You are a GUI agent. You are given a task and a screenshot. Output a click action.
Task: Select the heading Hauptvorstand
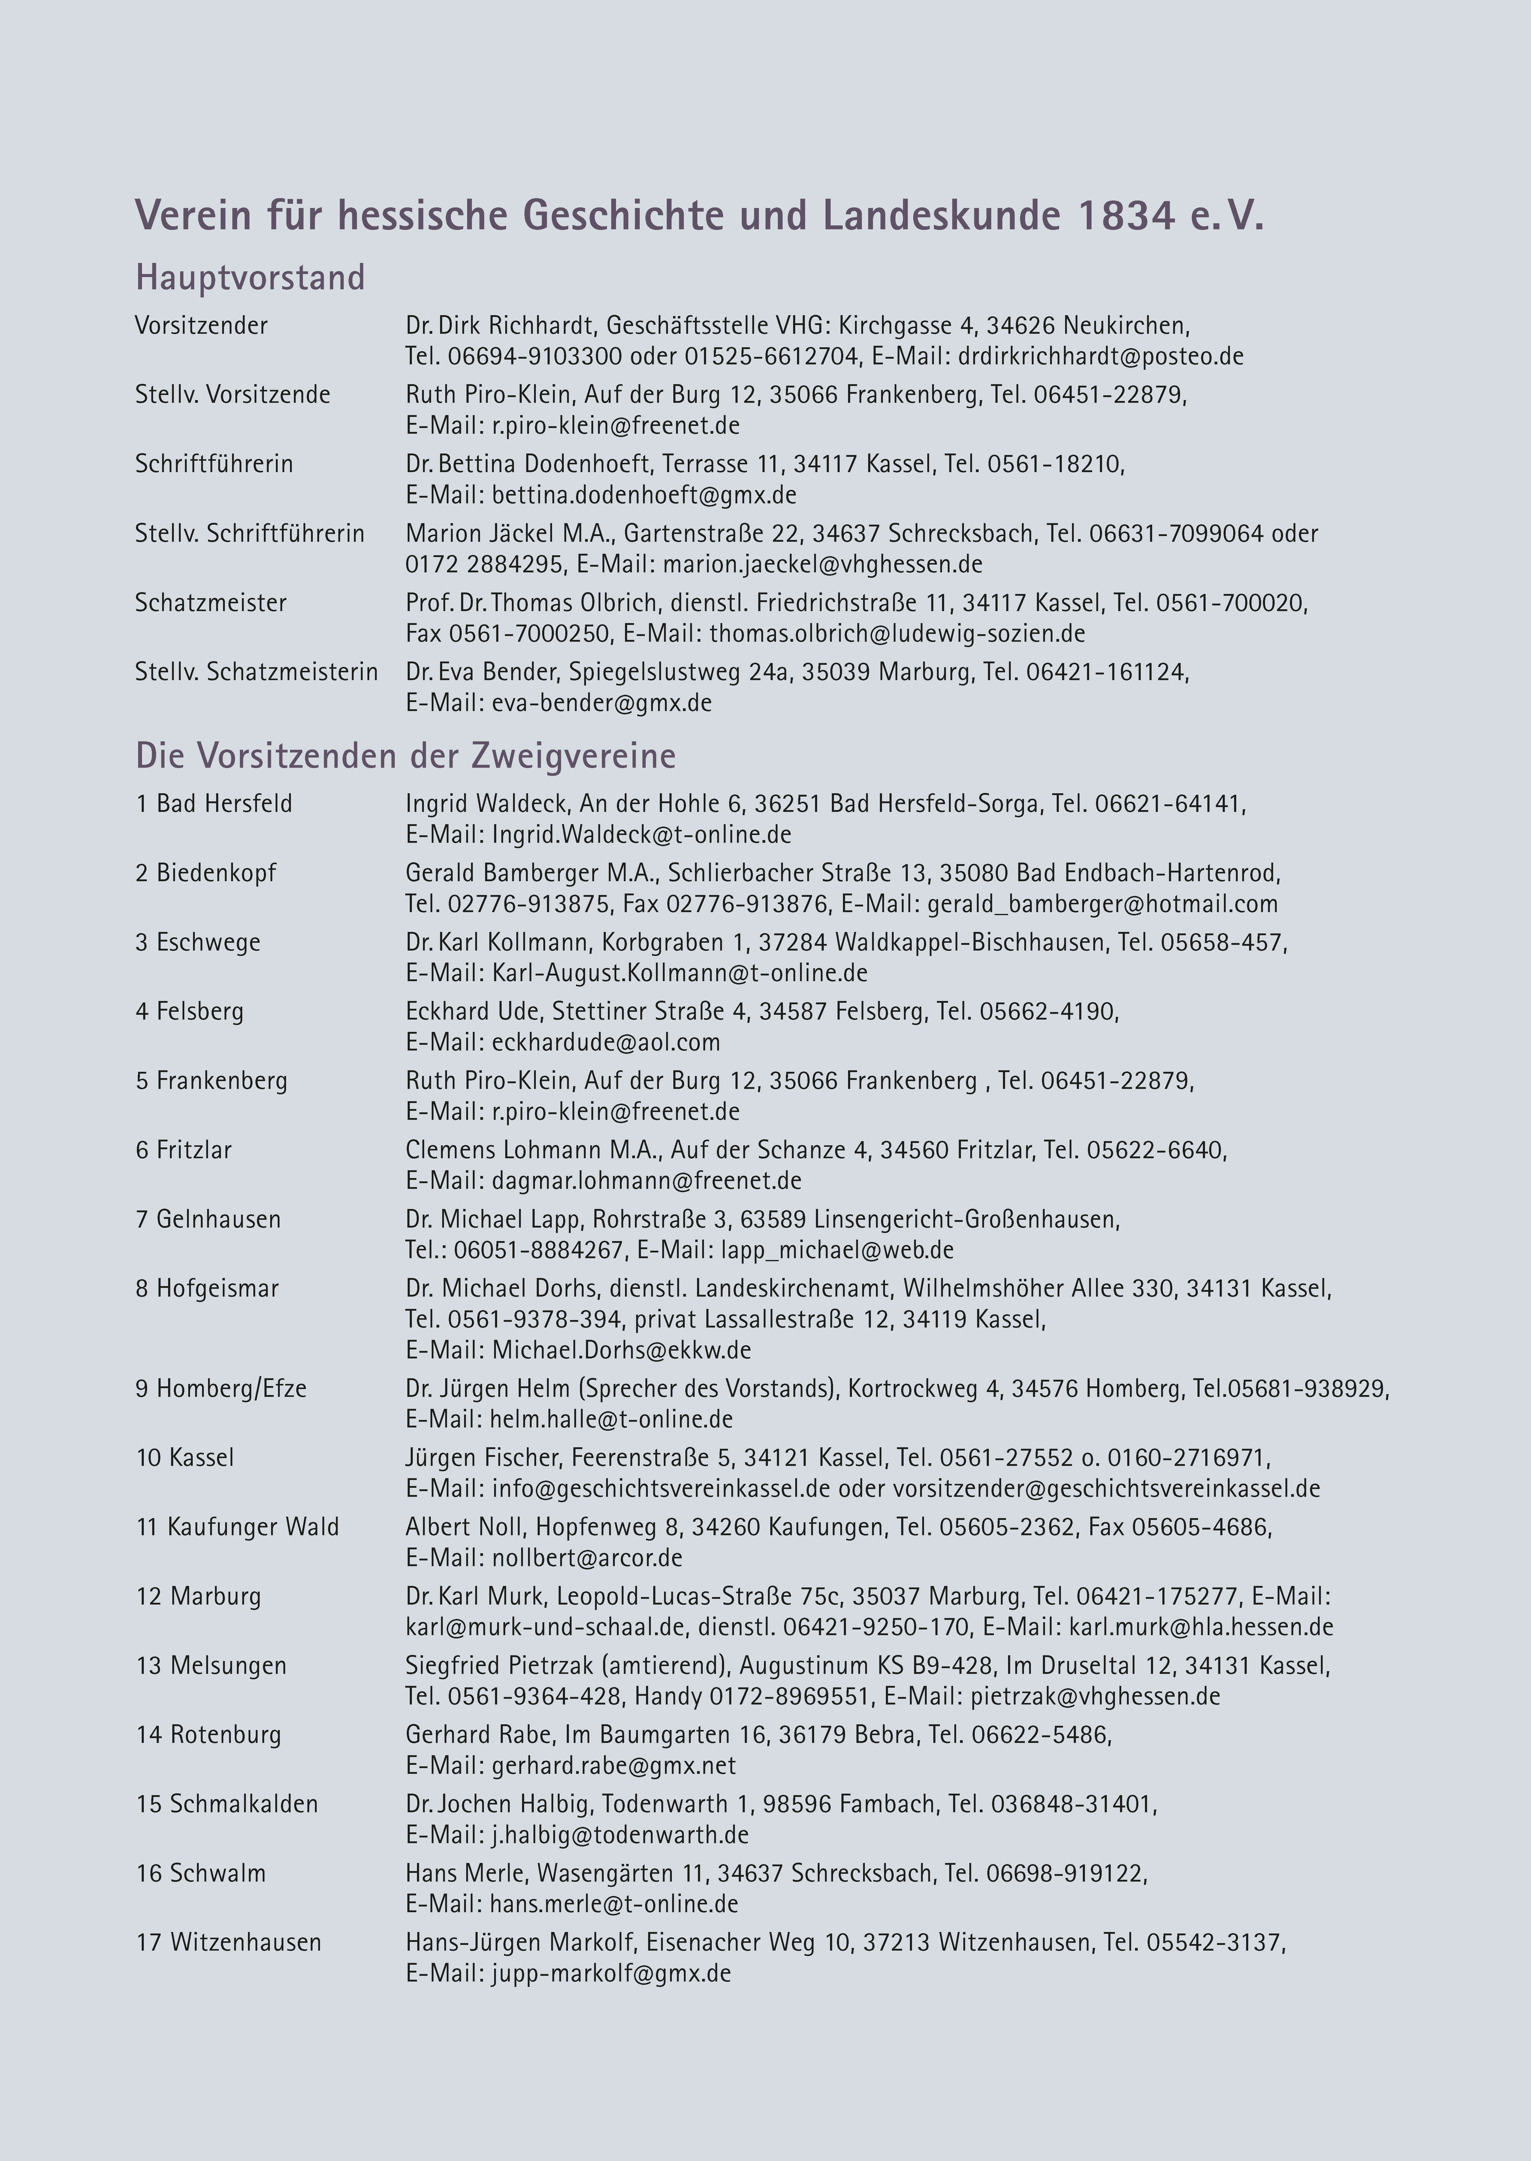pos(250,278)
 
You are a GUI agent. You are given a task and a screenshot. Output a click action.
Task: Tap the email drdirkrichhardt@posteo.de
pos(1100,356)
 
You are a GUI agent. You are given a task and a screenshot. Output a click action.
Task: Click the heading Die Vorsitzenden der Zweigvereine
pos(405,756)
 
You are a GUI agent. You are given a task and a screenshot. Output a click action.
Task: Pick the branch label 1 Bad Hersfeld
pos(214,804)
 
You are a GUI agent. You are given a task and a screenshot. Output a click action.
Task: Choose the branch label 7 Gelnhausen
pos(208,1219)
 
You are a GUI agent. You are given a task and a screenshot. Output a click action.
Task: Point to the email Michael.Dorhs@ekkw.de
pos(621,1351)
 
